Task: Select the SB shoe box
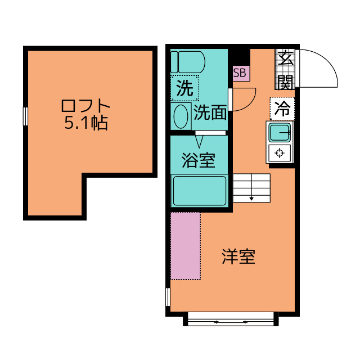coord(240,73)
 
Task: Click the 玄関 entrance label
coord(285,69)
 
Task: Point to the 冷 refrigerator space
coord(282,109)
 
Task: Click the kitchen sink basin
coord(280,133)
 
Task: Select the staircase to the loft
coord(251,187)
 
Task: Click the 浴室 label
coord(198,160)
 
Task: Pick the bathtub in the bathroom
coord(200,191)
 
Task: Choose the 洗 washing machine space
coord(184,88)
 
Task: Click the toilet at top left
coord(188,61)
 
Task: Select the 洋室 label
coord(237,256)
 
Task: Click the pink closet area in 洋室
coord(186,246)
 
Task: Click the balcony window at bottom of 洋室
coord(231,322)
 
